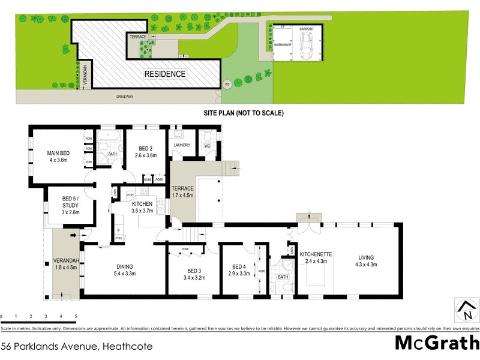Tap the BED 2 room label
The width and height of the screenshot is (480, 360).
pyautogui.click(x=147, y=149)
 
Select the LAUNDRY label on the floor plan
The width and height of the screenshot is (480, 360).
pyautogui.click(x=181, y=145)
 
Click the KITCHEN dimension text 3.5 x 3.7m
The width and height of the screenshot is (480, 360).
pyautogui.click(x=143, y=211)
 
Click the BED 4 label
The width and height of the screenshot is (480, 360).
pyautogui.click(x=240, y=267)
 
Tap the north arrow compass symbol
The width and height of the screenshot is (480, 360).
pyautogui.click(x=466, y=311)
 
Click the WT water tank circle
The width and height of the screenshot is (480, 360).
pyautogui.click(x=227, y=85)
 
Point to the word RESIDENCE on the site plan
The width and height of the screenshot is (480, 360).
pyautogui.click(x=164, y=74)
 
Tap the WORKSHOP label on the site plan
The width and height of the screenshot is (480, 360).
pyautogui.click(x=282, y=45)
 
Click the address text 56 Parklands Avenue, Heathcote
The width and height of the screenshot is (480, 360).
pyautogui.click(x=77, y=346)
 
